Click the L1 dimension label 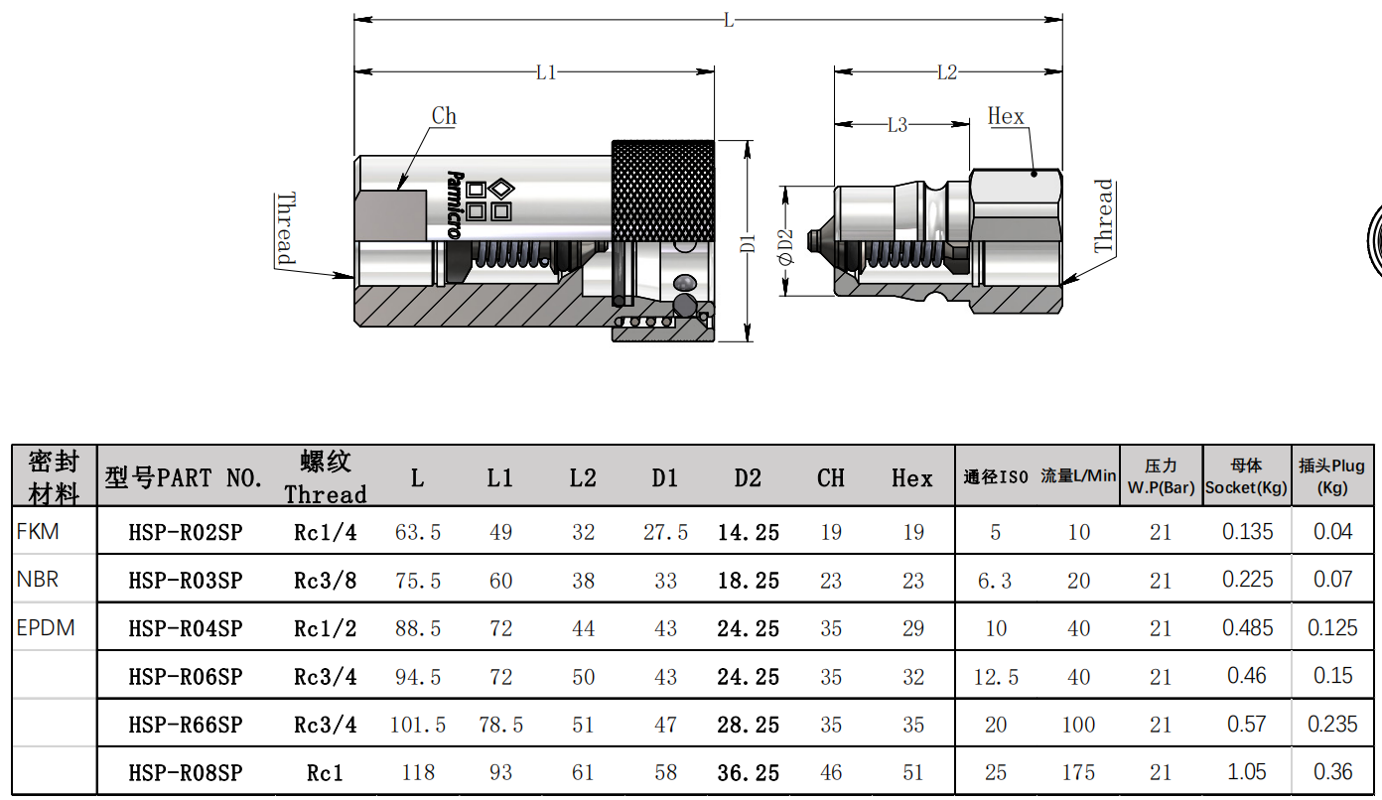[546, 72]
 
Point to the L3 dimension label [898, 125]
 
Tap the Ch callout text [444, 116]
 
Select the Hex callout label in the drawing [1006, 116]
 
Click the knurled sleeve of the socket [663, 192]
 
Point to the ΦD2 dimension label [785, 247]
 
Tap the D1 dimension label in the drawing [748, 243]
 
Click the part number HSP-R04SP [186, 628]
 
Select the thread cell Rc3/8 [325, 581]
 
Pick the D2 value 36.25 [748, 773]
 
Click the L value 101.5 [418, 725]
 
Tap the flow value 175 [1078, 773]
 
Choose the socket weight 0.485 [1247, 628]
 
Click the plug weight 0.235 [1332, 725]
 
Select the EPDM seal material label [46, 628]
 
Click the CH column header [830, 478]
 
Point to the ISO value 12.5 [996, 677]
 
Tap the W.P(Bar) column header [1162, 488]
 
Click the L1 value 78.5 [500, 725]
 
